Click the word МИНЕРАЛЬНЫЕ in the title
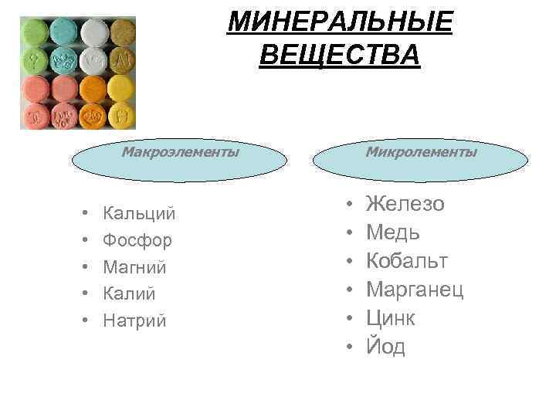coord(340,23)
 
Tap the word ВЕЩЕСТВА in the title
coord(340,55)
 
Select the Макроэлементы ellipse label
coord(180,152)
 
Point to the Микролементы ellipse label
coord(421,152)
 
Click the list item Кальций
coord(139,212)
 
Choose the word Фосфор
coord(137,240)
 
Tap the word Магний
coord(135,267)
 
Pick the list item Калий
coord(130,294)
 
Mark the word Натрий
coord(134,320)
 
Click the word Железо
coord(405,204)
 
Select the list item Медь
coord(393,232)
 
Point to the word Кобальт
coord(407,261)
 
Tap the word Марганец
coord(415,290)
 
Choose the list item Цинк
coord(391,318)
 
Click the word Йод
coord(385,347)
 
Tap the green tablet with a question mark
coord(35,60)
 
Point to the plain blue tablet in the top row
coord(63,31)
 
